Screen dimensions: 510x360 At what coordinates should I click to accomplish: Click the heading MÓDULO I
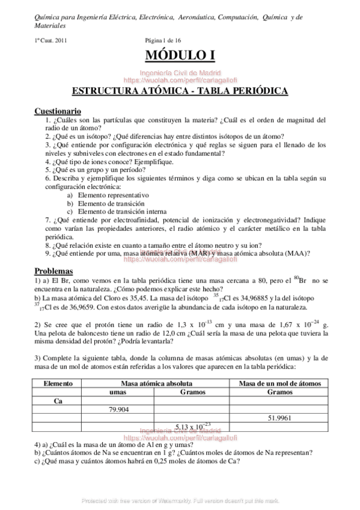(x=180, y=56)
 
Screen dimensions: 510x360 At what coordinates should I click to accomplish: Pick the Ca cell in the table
(x=58, y=401)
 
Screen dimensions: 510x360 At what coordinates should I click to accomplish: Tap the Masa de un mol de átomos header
(x=280, y=383)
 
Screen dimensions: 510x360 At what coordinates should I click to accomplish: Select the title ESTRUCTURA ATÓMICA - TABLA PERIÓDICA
(x=180, y=91)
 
